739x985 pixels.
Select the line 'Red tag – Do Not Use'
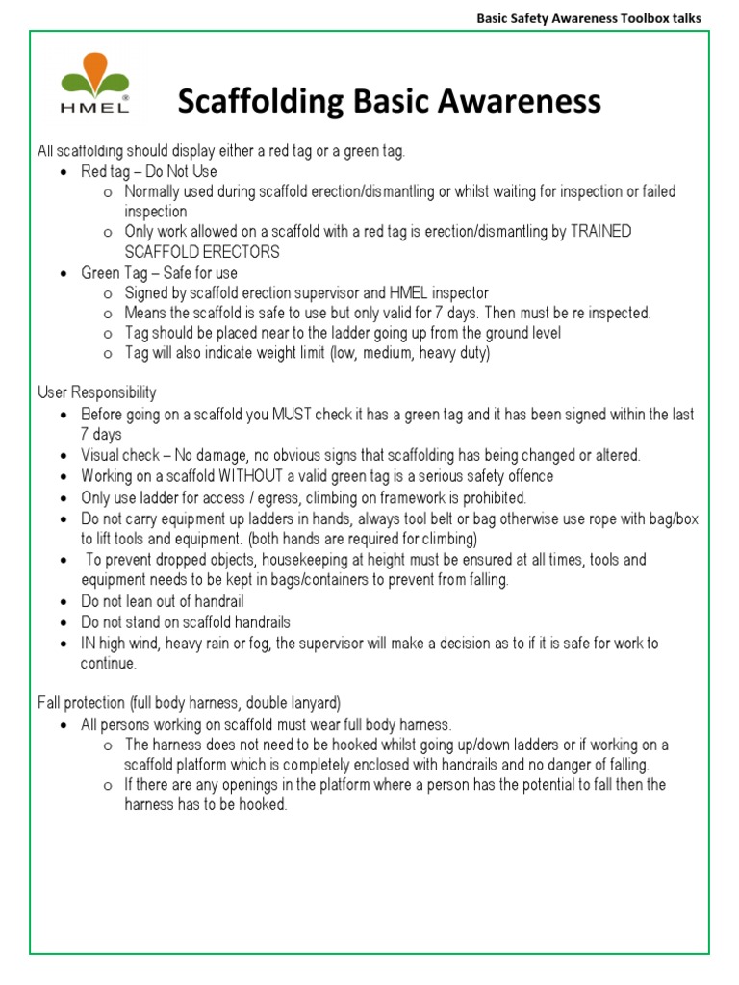click(149, 171)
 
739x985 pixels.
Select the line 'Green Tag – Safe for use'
click(159, 273)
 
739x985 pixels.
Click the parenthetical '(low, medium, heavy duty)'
click(410, 353)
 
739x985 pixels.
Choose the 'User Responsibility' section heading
click(96, 392)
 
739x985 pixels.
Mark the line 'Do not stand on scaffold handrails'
click(186, 622)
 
